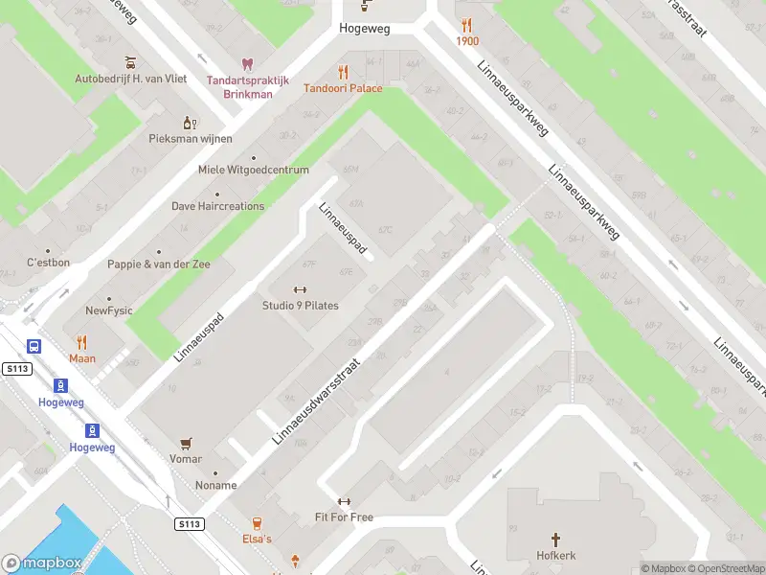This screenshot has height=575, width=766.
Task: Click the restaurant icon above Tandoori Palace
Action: click(343, 72)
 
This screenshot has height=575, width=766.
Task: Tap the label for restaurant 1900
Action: click(467, 41)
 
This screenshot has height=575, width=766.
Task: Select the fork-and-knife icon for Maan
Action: click(81, 342)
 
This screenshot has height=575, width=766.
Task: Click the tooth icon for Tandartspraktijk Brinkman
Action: click(247, 64)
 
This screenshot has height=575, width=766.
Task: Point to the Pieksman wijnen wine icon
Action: click(190, 123)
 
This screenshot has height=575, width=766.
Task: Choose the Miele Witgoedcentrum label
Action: click(253, 170)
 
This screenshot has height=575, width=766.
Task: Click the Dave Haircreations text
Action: click(217, 206)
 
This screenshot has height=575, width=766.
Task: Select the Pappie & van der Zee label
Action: click(158, 264)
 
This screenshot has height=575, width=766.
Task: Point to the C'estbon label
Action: click(47, 262)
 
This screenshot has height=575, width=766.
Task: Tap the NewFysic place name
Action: click(109, 310)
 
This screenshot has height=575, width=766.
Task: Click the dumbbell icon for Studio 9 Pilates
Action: click(300, 290)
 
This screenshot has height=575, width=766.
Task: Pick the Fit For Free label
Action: click(344, 517)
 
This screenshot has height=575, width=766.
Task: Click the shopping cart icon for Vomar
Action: click(186, 443)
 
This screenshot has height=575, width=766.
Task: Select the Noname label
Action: click(215, 485)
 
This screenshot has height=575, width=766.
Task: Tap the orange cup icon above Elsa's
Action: click(257, 522)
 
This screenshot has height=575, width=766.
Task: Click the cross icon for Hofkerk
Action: click(555, 540)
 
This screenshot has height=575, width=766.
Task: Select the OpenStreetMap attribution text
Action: click(724, 568)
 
